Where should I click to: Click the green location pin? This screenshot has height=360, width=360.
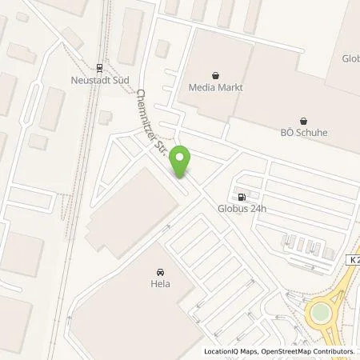pos(182,161)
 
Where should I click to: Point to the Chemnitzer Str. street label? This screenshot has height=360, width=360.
pos(150,119)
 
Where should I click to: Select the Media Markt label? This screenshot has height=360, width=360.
pos(215,86)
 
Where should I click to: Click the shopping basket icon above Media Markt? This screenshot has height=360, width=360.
pos(215,72)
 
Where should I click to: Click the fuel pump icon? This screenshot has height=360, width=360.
pos(240,196)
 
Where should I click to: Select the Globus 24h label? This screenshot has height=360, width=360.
pos(240,210)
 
